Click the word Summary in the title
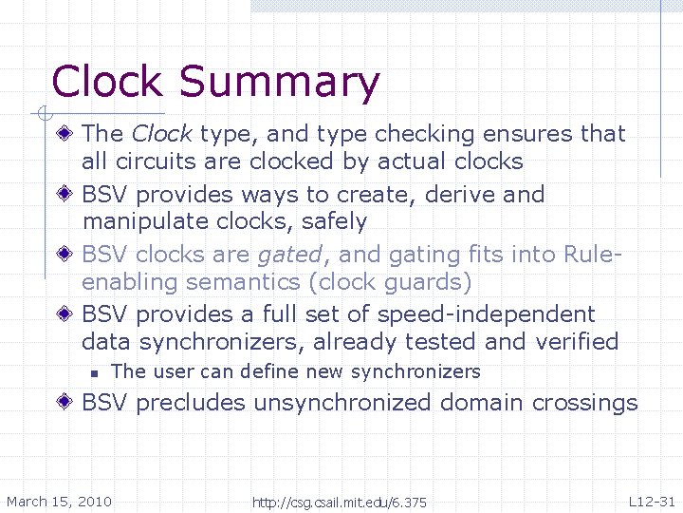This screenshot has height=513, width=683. pyautogui.click(x=279, y=83)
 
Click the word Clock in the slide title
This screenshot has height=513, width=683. pyautogui.click(x=107, y=83)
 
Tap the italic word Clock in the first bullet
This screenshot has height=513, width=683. pyautogui.click(x=161, y=134)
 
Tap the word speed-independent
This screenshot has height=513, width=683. pyautogui.click(x=486, y=314)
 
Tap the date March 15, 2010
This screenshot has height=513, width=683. pyautogui.click(x=59, y=502)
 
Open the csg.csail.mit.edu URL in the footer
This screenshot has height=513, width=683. pyautogui.click(x=340, y=502)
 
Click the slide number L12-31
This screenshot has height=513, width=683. pyautogui.click(x=652, y=501)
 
